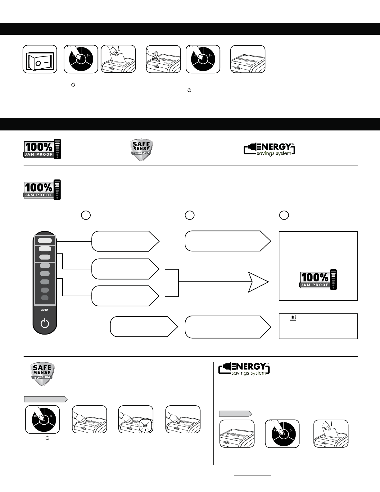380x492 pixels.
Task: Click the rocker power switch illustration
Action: coord(40,59)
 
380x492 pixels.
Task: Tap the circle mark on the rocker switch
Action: coord(38,63)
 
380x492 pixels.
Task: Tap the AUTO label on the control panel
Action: coord(45,310)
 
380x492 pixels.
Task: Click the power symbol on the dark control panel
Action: coord(45,323)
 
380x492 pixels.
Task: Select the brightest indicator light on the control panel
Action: coord(45,240)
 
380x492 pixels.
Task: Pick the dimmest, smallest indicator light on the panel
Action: coord(45,298)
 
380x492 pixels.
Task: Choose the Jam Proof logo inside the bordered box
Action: coord(318,279)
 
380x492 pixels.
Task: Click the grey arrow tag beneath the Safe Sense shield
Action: coord(46,399)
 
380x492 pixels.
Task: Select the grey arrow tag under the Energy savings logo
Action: coord(235,413)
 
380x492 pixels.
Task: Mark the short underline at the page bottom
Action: coord(252,476)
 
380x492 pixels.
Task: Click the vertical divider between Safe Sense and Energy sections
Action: coord(213,413)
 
